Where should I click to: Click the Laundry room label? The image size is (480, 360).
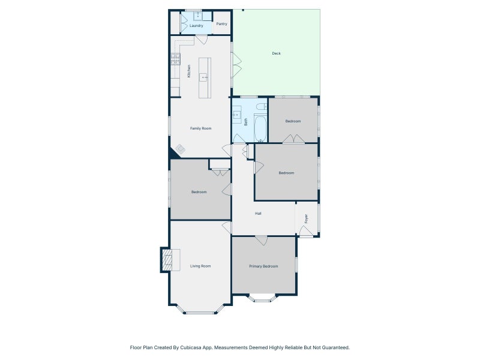(196, 26)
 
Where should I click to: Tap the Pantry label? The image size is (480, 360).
(221, 24)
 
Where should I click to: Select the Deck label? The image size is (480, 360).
(276, 53)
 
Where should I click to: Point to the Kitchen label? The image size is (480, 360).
(189, 71)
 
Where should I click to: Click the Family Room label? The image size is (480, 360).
(200, 128)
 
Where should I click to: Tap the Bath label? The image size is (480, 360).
(245, 122)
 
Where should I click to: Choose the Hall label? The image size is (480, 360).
(258, 214)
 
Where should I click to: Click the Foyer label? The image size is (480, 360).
(306, 218)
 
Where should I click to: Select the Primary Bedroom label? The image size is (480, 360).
(263, 266)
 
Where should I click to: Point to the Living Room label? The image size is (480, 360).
(200, 266)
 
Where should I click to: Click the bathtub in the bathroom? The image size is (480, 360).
(260, 128)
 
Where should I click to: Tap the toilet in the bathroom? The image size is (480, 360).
(262, 107)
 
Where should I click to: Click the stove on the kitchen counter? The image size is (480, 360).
(175, 59)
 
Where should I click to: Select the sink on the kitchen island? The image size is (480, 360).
(203, 77)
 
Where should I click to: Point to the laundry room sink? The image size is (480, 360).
(198, 16)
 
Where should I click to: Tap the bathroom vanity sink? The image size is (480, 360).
(236, 115)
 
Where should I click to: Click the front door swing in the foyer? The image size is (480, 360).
(306, 231)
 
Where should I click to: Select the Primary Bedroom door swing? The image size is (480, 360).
(261, 241)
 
